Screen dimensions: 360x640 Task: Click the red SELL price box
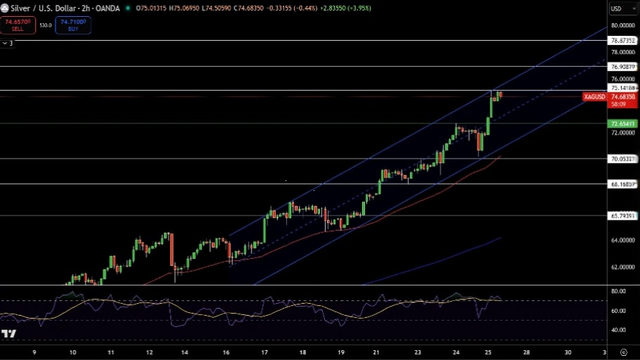(18, 25)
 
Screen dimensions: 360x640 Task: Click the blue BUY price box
(73, 25)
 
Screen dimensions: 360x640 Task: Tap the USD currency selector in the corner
(617, 8)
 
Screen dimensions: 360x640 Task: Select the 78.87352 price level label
(623, 41)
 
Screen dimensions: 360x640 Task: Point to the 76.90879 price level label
(623, 67)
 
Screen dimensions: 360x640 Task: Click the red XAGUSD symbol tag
(594, 97)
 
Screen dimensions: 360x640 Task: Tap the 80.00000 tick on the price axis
(623, 25)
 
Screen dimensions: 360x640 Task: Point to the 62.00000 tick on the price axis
(623, 267)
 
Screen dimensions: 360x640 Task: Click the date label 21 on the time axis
(376, 352)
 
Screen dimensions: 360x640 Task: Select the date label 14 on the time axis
(185, 352)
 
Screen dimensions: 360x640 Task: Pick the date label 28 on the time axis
(526, 352)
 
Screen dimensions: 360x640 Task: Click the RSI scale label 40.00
(619, 330)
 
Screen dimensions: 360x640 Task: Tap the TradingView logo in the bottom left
(8, 334)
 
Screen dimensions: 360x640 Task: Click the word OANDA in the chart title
(107, 8)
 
